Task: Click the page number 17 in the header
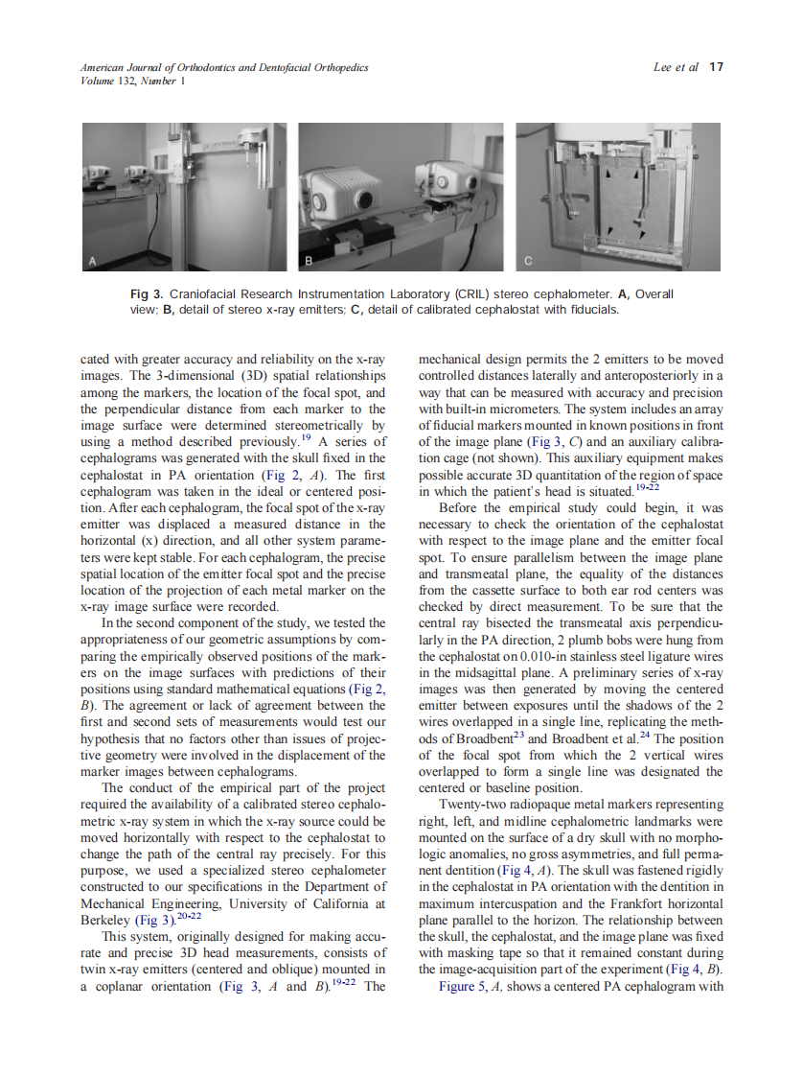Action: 716,67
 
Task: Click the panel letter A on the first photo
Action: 93,260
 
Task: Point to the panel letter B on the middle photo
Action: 310,260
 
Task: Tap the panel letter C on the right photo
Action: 528,260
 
